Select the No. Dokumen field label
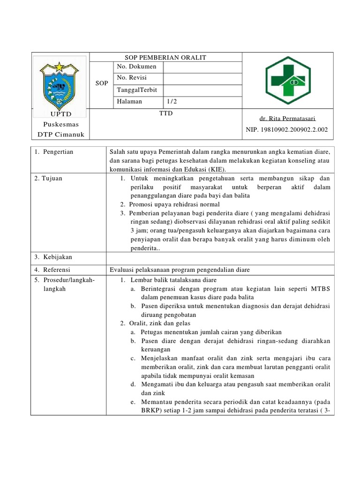(x=136, y=67)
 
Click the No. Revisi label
(x=133, y=78)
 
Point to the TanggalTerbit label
(x=137, y=90)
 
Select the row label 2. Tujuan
(x=48, y=179)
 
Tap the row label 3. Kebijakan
(x=53, y=257)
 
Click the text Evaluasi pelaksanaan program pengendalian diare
(x=180, y=270)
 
